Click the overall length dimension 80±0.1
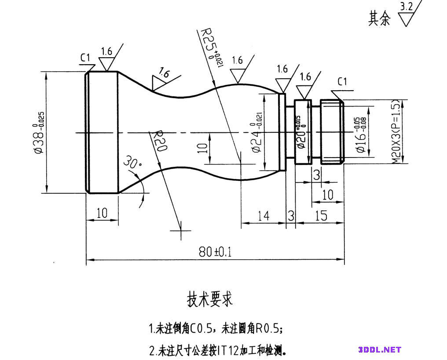coord(215,252)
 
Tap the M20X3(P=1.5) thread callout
coord(396,132)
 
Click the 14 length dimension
coord(263,216)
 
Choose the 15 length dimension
coord(321,216)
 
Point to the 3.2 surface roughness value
coord(407,7)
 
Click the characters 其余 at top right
coord(379,18)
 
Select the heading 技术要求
coord(210,299)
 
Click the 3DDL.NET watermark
coord(380,350)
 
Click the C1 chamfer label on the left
coord(85,58)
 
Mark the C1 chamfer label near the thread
coord(342,82)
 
